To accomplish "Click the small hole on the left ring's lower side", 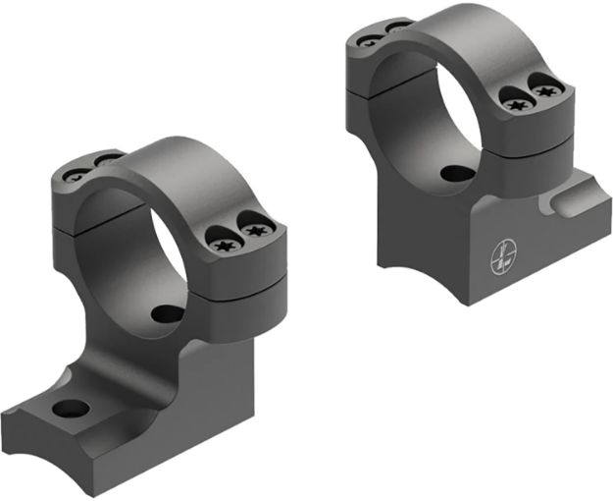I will tap(168, 315).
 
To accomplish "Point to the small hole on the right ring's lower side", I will tap(454, 174).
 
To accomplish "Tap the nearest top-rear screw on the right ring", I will tap(371, 41).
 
